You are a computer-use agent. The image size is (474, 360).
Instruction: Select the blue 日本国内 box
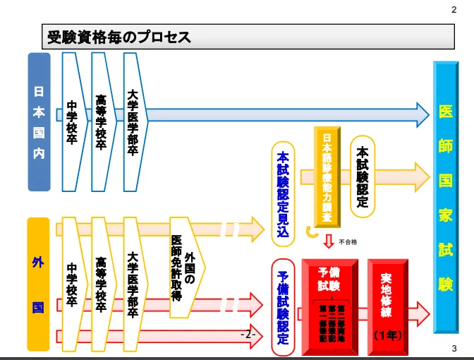coord(39,122)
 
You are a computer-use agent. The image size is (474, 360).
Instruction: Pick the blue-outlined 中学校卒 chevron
coord(72,122)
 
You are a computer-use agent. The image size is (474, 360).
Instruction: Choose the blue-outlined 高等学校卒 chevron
coord(102,122)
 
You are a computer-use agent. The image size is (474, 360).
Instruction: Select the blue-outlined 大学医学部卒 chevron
coord(133,122)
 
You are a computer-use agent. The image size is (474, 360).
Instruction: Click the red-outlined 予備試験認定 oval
coord(283,306)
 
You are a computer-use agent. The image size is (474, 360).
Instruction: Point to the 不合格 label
coord(348,242)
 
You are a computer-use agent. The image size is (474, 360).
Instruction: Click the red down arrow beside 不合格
coord(328,242)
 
